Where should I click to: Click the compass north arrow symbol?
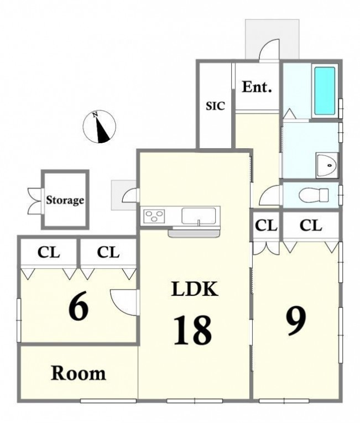click(100, 127)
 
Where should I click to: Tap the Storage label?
click(65, 200)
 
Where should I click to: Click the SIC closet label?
click(215, 106)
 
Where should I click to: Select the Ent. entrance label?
click(257, 87)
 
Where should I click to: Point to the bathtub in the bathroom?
click(325, 91)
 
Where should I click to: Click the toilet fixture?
click(314, 194)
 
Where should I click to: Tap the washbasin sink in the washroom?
click(327, 165)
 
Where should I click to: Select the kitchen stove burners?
click(154, 216)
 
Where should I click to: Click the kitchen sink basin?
click(199, 216)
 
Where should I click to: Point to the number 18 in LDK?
click(192, 330)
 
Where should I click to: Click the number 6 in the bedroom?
click(79, 306)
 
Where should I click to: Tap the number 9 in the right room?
click(296, 321)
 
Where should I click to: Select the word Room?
click(79, 373)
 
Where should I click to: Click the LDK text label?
click(195, 289)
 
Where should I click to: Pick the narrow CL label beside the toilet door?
click(266, 226)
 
